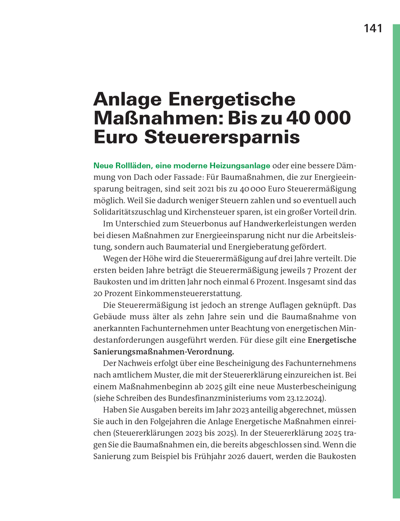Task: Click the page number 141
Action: (x=373, y=29)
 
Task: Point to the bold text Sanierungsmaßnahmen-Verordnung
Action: (x=163, y=352)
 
